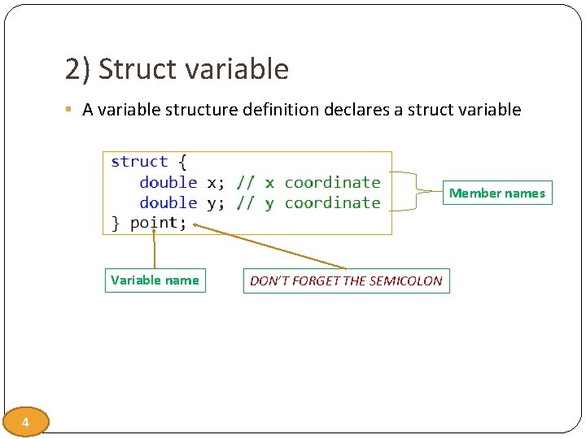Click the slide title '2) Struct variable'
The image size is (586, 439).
[x=177, y=70]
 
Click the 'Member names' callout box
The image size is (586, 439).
[x=497, y=193]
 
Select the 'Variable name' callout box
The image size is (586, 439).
[x=155, y=280]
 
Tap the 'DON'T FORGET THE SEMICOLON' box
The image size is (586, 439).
[x=346, y=281]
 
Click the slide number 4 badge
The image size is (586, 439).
[x=26, y=422]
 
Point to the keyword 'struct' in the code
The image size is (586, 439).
[x=139, y=162]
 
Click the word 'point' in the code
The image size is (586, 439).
[x=155, y=223]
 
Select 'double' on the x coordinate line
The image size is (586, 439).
[x=168, y=182]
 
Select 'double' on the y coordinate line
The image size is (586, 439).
[x=168, y=202]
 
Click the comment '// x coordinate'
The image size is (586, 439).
[x=308, y=182]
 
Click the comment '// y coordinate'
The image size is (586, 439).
[x=308, y=202]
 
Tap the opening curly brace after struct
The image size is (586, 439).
[x=182, y=162]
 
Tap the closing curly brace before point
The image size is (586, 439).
[x=116, y=223]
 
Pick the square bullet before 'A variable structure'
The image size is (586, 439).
[x=72, y=110]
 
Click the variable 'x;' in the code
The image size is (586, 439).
[x=216, y=183]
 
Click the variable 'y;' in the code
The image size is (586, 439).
[x=216, y=203]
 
